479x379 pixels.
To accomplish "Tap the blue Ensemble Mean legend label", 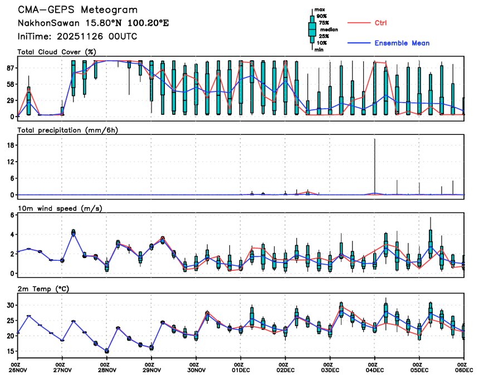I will pos(402,43).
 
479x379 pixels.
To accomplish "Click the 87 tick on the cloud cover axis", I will pos(9,67).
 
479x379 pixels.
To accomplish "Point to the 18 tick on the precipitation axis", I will pos(9,145).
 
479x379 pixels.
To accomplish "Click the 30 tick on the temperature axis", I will pos(9,305).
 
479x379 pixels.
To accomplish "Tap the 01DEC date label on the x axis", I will pos(241,370).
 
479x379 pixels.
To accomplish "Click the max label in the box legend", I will pos(320,9).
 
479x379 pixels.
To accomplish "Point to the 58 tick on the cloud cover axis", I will pos(9,84).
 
